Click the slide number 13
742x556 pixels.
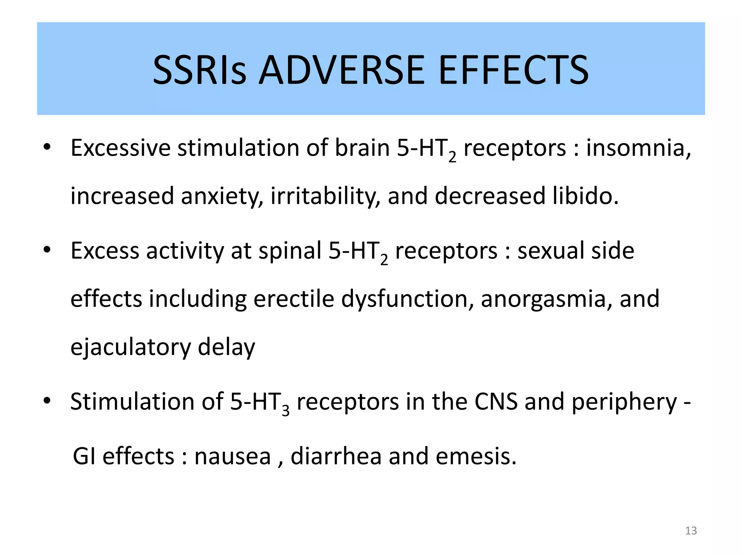coord(691,531)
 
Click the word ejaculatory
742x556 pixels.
coord(130,347)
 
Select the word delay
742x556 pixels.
coord(226,347)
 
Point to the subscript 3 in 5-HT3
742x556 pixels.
coord(285,411)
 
